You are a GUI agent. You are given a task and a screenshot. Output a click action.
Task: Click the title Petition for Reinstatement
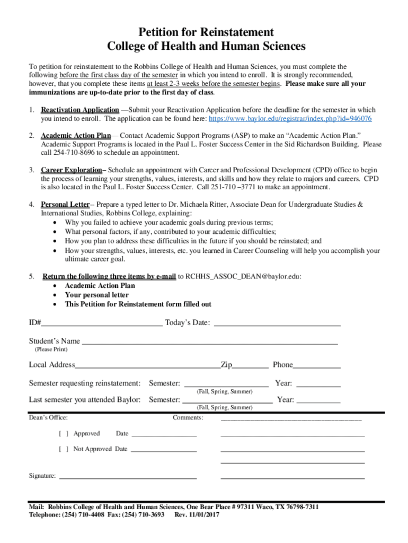click(x=206, y=32)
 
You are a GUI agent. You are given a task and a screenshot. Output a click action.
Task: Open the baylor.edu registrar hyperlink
click(x=290, y=118)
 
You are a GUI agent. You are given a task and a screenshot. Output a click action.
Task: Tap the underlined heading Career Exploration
click(x=71, y=170)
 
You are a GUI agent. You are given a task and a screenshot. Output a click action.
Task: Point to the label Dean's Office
click(x=48, y=418)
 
